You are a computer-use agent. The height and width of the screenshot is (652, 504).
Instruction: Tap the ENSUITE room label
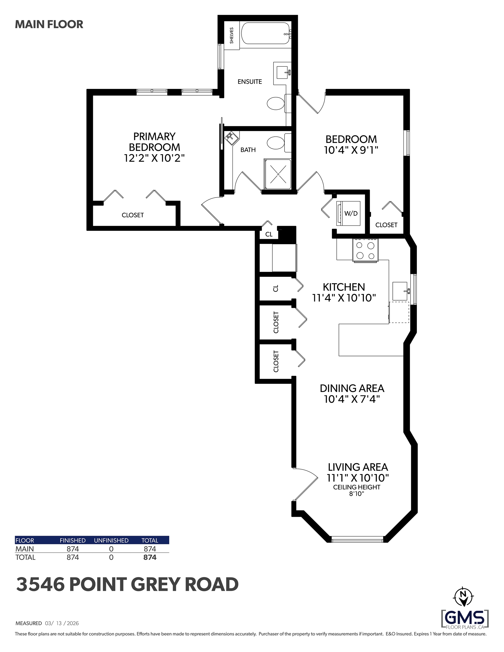(x=250, y=81)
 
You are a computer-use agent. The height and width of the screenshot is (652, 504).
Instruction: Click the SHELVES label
(x=232, y=36)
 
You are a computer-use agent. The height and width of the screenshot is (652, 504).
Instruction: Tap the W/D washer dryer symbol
(x=348, y=213)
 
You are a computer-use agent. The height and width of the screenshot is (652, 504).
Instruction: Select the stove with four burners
(x=365, y=250)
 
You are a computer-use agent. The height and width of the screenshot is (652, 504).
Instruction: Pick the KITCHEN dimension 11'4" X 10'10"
(x=344, y=298)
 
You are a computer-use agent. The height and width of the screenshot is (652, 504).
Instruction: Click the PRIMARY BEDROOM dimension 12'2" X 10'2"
(x=154, y=158)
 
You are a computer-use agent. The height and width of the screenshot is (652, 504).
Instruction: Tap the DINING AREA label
(x=352, y=388)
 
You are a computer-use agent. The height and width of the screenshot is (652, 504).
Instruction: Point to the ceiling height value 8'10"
(x=357, y=494)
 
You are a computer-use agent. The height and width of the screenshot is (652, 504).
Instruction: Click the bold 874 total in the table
(x=150, y=557)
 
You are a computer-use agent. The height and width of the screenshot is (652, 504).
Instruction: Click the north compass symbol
(x=463, y=597)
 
